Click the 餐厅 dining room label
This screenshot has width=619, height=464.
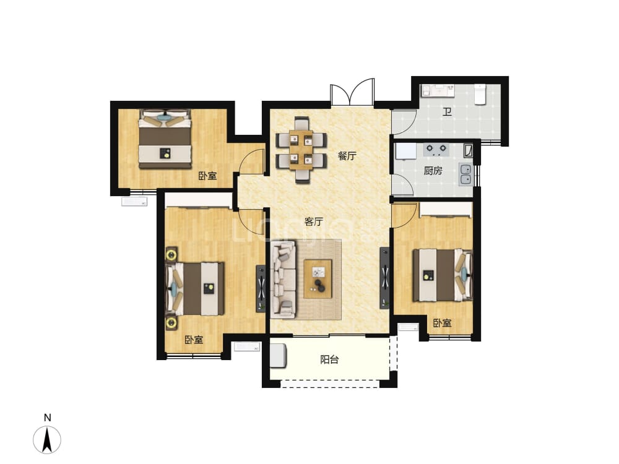(x=347, y=157)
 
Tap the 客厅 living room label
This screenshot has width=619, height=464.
(x=313, y=221)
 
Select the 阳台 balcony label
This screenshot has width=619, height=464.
(x=329, y=360)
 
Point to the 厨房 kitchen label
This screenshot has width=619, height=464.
(x=433, y=171)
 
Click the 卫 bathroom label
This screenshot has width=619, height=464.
(x=447, y=112)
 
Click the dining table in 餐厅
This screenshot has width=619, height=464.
(x=301, y=150)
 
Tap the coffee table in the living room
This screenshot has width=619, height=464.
(x=318, y=278)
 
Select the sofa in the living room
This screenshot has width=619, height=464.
(x=284, y=280)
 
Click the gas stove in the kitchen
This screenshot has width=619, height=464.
(x=436, y=148)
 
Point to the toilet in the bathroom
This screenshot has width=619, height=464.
(x=480, y=94)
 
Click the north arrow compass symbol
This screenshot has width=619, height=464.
(x=47, y=439)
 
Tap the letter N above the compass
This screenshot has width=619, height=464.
(x=48, y=418)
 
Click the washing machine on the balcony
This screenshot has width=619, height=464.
(x=279, y=356)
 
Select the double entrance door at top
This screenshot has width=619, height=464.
(x=352, y=92)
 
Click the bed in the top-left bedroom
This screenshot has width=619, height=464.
(x=165, y=139)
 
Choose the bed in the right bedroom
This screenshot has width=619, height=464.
(x=443, y=275)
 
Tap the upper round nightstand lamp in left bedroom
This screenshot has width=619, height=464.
(x=171, y=254)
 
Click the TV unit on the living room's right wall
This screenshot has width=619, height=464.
(x=384, y=278)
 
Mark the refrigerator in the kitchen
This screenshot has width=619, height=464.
(x=405, y=152)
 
